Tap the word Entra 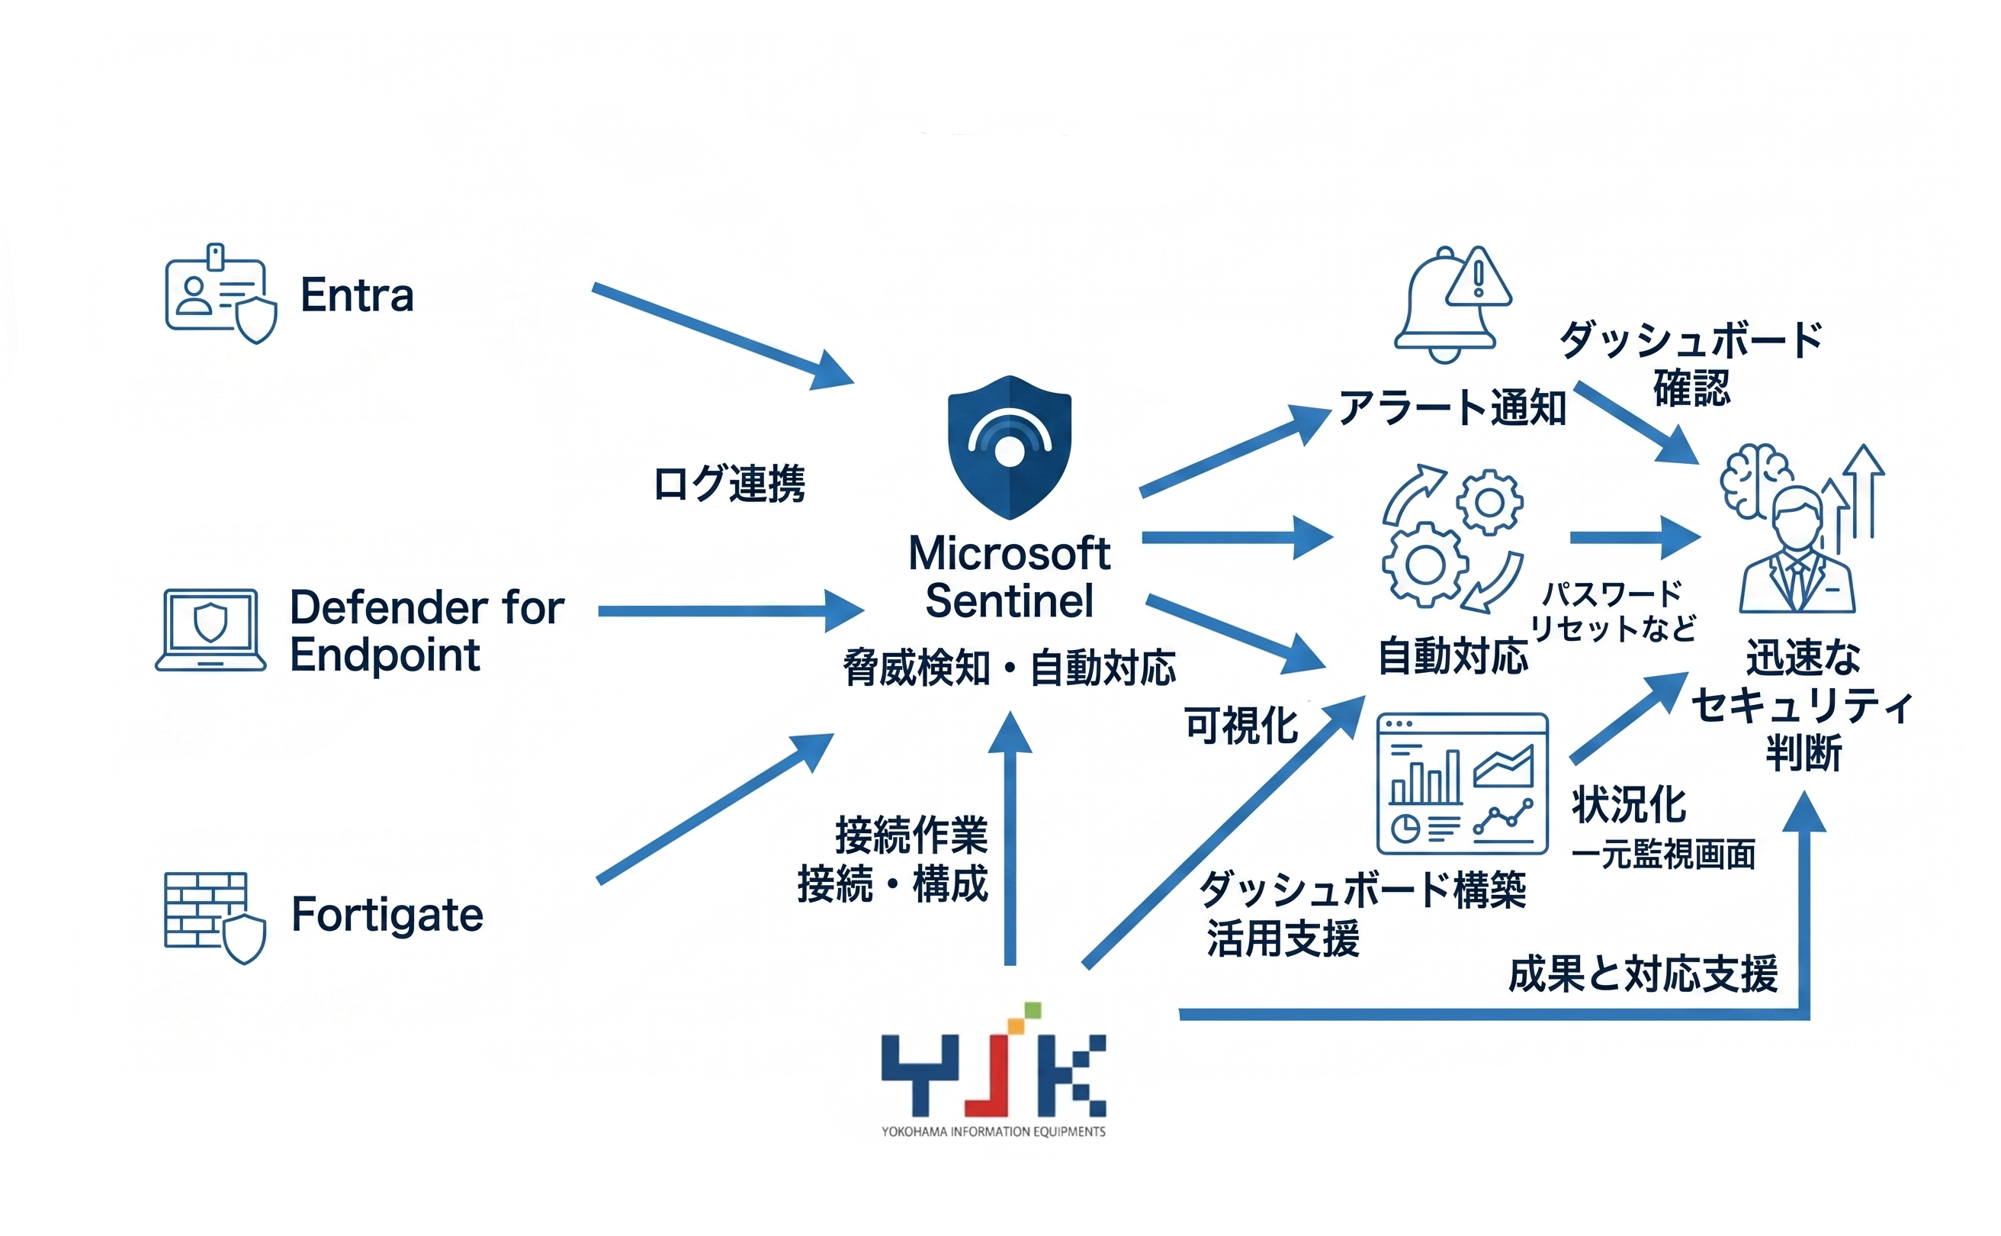point(357,295)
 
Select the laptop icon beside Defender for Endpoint point(210,629)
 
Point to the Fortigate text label point(387,914)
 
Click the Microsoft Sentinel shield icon point(1009,447)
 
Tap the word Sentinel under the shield point(1009,601)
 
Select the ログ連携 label point(729,483)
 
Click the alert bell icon point(1450,304)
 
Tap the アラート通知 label point(1452,408)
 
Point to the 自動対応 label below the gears point(1453,656)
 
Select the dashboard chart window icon point(1462,783)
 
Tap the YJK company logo point(993,1067)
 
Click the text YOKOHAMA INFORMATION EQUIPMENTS point(993,1131)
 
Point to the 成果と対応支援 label point(1643,974)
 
